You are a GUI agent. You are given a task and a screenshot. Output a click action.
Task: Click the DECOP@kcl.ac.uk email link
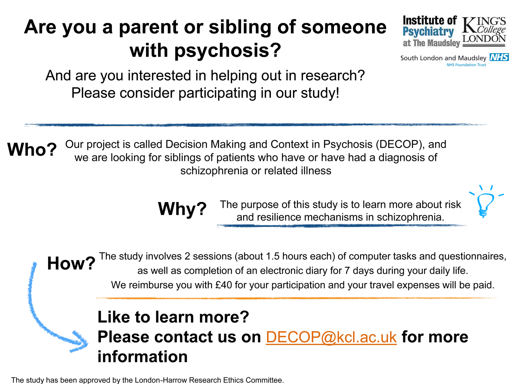coord(331,337)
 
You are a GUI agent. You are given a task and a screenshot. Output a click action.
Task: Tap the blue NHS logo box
coord(499,57)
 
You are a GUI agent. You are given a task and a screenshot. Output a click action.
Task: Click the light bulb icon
coord(486,201)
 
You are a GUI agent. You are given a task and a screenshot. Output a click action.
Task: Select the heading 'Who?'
coord(32,149)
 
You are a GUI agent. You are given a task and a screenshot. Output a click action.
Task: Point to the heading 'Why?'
coord(182,209)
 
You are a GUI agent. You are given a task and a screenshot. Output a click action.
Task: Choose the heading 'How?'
coord(71,264)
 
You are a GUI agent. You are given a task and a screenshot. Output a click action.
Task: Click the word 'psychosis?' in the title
coord(227,51)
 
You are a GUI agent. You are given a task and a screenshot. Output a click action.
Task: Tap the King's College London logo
coord(484,32)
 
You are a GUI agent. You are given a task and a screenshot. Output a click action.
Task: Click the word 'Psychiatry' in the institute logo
coord(428,32)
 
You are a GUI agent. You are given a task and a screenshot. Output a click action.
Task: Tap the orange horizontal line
coord(297,298)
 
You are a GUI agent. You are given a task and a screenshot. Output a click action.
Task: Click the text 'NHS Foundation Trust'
coord(466,65)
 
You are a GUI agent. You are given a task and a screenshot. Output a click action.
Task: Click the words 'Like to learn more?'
coord(173,317)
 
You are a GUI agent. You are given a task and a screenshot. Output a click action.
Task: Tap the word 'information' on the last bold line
coord(143,357)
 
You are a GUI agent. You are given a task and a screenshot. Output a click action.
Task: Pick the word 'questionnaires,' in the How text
coord(472,256)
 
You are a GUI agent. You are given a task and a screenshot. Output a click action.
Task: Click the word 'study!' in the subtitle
coord(320,93)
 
